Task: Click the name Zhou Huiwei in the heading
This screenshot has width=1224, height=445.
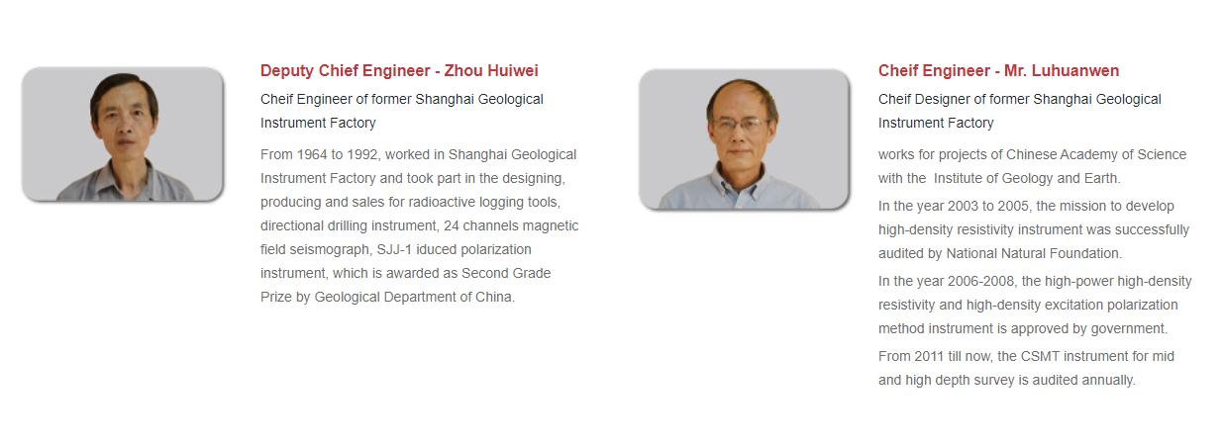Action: [491, 71]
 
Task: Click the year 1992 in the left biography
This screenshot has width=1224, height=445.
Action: [362, 155]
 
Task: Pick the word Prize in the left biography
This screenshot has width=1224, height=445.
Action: [276, 298]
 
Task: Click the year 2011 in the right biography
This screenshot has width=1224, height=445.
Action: [929, 357]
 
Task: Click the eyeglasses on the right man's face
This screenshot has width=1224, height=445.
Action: [741, 125]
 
